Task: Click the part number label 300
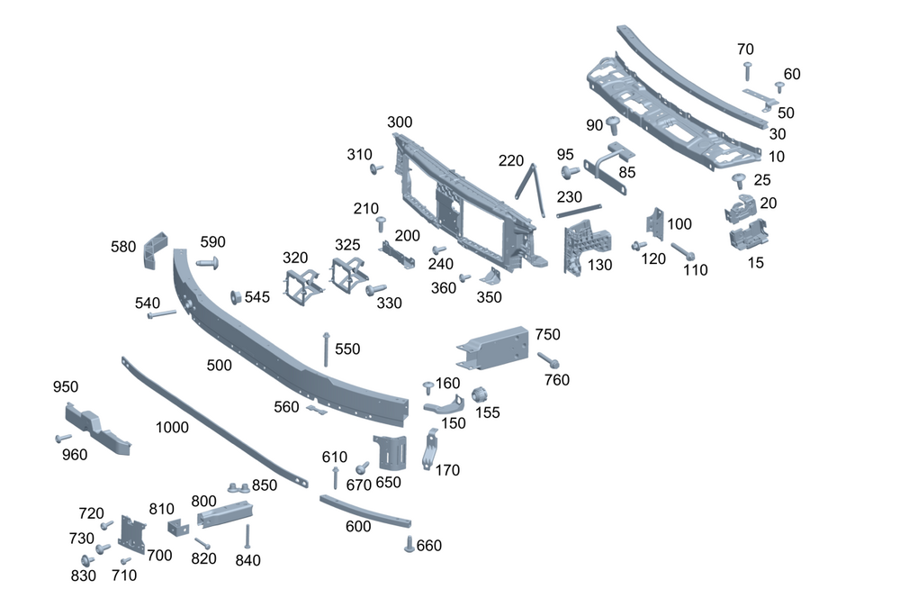400,122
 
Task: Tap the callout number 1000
172,427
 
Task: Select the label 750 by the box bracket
547,334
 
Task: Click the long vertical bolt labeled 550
326,349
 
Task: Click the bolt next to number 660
409,543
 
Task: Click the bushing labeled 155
480,394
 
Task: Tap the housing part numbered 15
748,236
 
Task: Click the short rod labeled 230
579,211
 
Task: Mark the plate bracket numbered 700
131,534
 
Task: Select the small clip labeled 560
314,411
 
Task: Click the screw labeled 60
779,87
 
